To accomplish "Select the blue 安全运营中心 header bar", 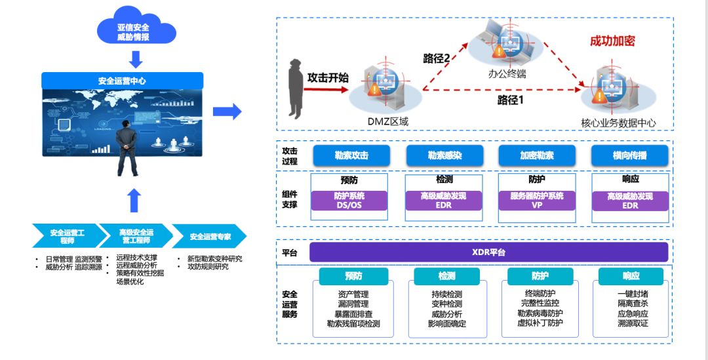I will point(123,81).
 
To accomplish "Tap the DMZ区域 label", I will point(387,121).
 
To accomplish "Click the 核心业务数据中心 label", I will point(618,123).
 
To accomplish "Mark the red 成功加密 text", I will point(612,41).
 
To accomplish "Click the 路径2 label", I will point(437,58).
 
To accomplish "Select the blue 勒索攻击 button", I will point(351,155).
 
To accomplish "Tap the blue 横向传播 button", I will point(630,155).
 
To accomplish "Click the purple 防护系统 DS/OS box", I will point(349,201).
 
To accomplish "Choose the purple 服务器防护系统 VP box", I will point(536,201).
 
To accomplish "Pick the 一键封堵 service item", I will point(633,294).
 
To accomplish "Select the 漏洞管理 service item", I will point(353,304).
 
